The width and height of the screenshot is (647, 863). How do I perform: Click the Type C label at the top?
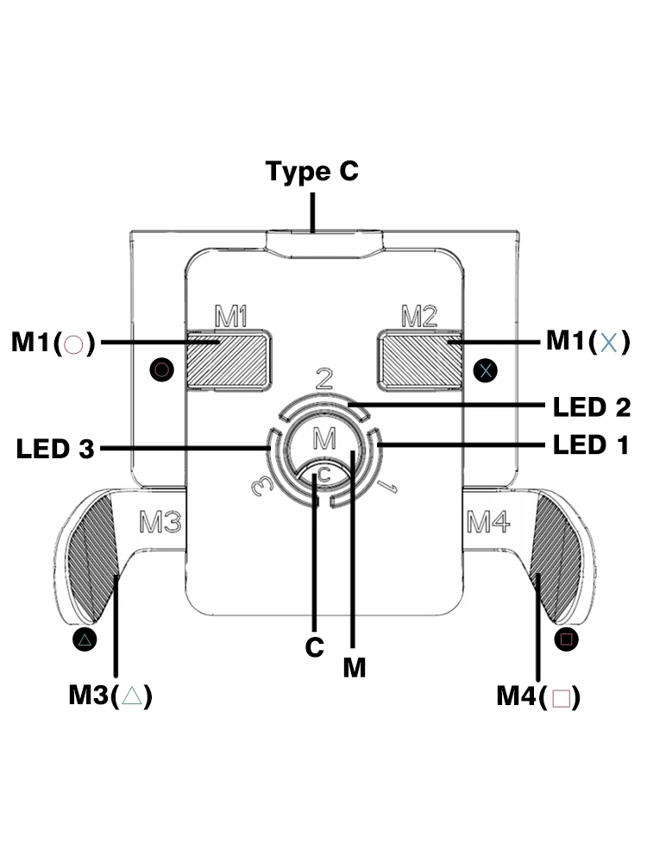(312, 171)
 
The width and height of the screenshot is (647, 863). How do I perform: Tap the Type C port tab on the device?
(324, 244)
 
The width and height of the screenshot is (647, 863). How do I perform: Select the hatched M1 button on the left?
(228, 360)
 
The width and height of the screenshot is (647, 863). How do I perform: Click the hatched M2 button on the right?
(421, 360)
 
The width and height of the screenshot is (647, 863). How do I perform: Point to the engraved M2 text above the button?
(419, 316)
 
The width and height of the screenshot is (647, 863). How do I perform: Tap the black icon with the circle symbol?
(162, 369)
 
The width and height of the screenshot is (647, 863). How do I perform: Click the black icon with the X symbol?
(485, 370)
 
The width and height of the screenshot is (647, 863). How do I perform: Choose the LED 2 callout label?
(592, 407)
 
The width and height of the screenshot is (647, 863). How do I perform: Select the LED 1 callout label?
(591, 444)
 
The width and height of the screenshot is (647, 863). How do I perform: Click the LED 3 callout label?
(55, 449)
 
